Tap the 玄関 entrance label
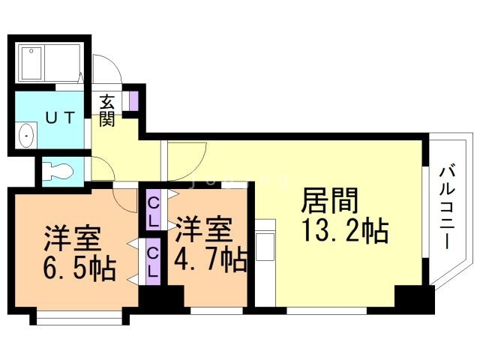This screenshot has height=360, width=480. (109, 110)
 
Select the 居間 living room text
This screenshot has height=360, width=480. (330, 201)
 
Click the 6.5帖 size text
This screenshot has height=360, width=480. (77, 267)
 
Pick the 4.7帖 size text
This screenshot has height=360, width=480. (211, 260)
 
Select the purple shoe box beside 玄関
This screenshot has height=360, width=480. (133, 100)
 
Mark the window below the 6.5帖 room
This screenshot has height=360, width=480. (79, 320)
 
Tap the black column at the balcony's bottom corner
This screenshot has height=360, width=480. (415, 298)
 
